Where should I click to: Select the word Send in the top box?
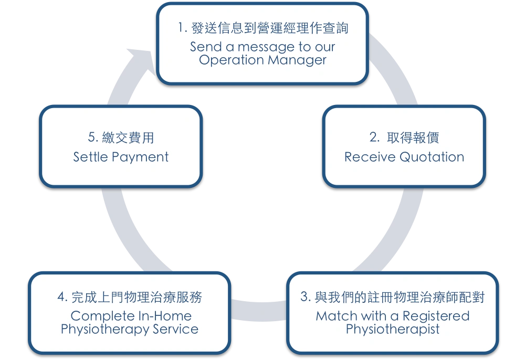(206, 47)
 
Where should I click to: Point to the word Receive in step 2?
(370, 157)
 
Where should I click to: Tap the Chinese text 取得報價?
(413, 137)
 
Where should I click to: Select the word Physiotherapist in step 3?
(392, 330)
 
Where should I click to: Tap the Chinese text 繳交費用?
(128, 137)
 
